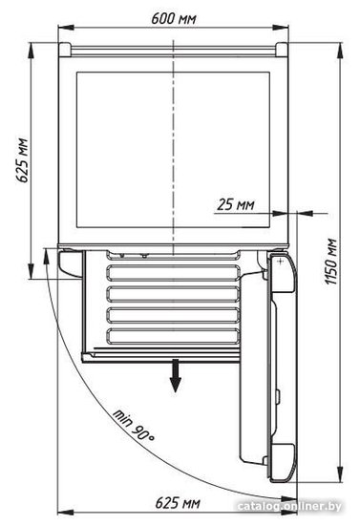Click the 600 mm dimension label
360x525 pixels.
(174, 19)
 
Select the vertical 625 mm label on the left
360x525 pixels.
(22, 160)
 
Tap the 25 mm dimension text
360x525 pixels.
(236, 204)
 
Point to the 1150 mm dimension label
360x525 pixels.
(330, 262)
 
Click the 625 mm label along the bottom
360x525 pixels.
(178, 503)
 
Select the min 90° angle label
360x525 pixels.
(134, 426)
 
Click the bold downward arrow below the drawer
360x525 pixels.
(175, 375)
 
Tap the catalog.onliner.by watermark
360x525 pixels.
(289, 507)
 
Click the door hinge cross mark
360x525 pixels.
(281, 262)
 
